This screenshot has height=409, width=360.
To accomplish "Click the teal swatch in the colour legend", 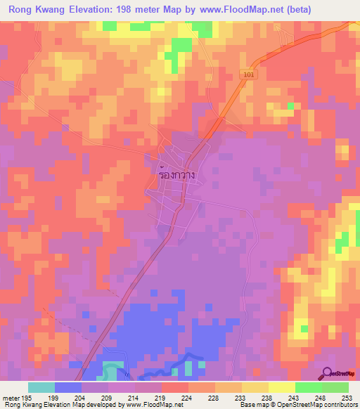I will [x=41, y=387].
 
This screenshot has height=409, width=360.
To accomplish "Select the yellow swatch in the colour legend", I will [x=281, y=387].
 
